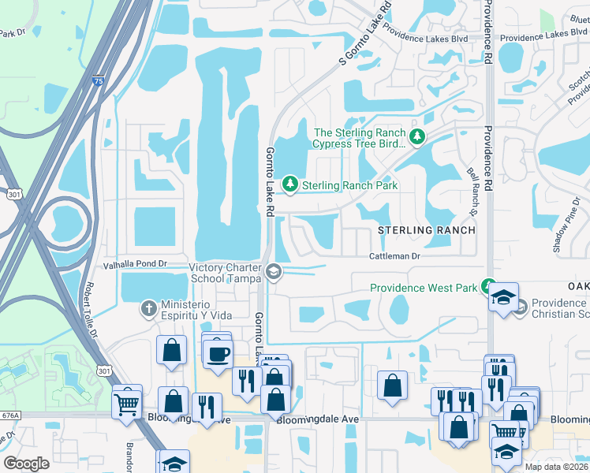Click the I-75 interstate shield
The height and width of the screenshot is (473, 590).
point(97,80)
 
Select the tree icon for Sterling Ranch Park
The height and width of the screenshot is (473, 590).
point(291,184)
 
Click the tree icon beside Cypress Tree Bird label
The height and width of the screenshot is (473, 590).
point(417,138)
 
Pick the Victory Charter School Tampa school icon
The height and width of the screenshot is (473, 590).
point(273,271)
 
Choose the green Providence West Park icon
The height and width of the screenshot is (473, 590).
point(489,288)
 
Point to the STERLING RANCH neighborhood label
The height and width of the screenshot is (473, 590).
point(427,230)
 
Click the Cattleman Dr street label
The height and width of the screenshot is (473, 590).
point(397,256)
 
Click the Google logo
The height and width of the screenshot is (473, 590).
point(27,464)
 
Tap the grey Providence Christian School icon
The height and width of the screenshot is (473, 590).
point(520,308)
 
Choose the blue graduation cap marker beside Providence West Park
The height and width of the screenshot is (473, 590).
point(502,298)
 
